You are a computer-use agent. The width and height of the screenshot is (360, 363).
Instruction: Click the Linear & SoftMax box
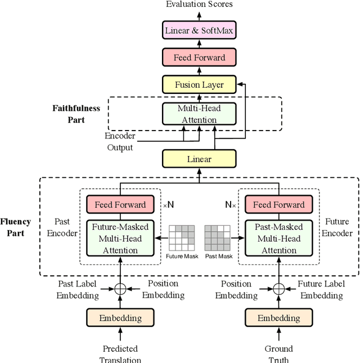[199, 30]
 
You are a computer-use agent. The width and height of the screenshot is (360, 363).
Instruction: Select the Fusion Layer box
[199, 85]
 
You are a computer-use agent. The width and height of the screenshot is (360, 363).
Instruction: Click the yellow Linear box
[199, 159]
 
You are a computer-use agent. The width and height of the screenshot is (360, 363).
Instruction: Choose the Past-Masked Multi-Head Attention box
[278, 239]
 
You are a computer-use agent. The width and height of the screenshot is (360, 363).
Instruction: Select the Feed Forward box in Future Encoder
[278, 205]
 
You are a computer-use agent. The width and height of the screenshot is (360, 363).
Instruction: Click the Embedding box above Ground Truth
[278, 318]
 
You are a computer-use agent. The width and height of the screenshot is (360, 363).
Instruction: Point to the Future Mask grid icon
[182, 238]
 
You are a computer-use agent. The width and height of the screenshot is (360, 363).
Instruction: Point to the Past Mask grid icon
[218, 238]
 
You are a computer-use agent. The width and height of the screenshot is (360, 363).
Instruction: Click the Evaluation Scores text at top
[199, 5]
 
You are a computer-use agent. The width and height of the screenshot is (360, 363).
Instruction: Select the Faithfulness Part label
[76, 114]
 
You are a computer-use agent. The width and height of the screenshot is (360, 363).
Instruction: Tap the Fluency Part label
[16, 227]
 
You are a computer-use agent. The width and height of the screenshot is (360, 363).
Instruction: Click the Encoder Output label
[120, 142]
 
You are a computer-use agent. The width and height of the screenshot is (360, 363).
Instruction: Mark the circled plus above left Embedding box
[119, 289]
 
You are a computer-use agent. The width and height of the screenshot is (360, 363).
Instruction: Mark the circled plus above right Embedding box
[278, 289]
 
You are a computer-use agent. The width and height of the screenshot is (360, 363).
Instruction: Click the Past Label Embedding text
[79, 289]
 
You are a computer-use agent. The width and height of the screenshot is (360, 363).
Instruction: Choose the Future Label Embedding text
[320, 289]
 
